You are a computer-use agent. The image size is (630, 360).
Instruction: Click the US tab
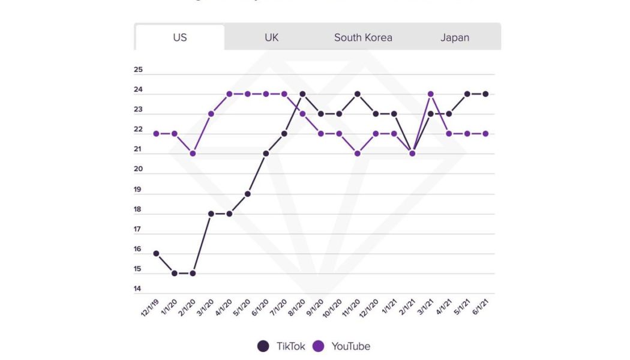pos(180,37)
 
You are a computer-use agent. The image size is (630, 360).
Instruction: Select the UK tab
pos(271,37)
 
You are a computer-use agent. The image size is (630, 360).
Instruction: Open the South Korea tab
pos(363,37)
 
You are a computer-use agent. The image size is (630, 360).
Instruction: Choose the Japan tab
pos(455,37)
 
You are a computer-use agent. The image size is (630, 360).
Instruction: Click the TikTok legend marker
pos(263,346)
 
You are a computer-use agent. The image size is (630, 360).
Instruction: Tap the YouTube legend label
pos(350,346)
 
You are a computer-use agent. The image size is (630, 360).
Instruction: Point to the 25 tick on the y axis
pos(138,70)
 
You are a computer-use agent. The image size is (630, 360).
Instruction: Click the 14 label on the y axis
pos(138,289)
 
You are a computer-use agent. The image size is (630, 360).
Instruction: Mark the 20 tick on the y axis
pos(138,170)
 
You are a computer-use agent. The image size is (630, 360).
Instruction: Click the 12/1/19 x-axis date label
pos(150,308)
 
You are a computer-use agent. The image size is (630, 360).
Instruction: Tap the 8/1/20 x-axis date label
pos(296,308)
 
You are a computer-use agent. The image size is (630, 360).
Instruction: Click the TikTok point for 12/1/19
pos(157,253)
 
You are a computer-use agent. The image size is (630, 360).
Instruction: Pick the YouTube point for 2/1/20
pos(193,154)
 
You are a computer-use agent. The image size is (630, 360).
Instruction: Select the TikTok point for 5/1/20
pos(247,194)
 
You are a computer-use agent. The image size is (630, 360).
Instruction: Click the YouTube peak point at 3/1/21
pos(430,94)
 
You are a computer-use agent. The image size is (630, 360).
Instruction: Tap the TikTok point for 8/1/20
pos(302,94)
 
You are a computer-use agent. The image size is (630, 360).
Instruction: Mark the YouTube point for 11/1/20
pos(357,154)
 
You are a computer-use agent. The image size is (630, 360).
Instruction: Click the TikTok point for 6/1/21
pos(485,94)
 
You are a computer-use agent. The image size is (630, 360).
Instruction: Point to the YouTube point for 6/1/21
pos(485,133)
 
